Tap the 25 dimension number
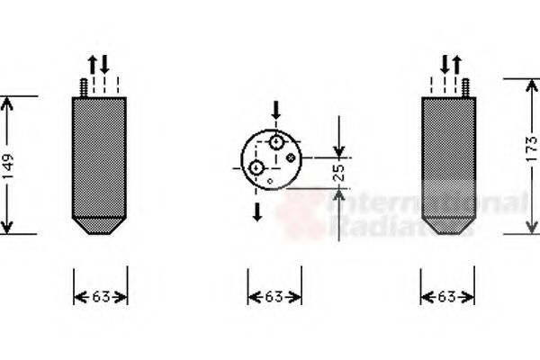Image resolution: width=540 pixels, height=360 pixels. click(339, 171)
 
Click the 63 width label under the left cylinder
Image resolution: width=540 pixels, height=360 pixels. click(100, 296)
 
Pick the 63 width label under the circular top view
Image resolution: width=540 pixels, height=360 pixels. click(274, 296)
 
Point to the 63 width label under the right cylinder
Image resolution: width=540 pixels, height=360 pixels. click(448, 296)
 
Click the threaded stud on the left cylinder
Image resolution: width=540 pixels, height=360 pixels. click(82, 87)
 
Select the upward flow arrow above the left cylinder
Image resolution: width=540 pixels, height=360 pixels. click(92, 65)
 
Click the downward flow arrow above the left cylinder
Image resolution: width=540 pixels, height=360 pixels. click(104, 65)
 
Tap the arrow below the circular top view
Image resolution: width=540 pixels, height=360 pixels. click(257, 211)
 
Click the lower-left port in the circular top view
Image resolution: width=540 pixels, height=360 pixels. click(257, 167)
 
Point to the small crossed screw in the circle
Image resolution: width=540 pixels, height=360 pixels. click(291, 157)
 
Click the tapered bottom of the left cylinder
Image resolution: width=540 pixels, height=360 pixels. click(100, 225)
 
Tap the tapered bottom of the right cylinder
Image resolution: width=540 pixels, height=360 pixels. click(448, 225)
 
